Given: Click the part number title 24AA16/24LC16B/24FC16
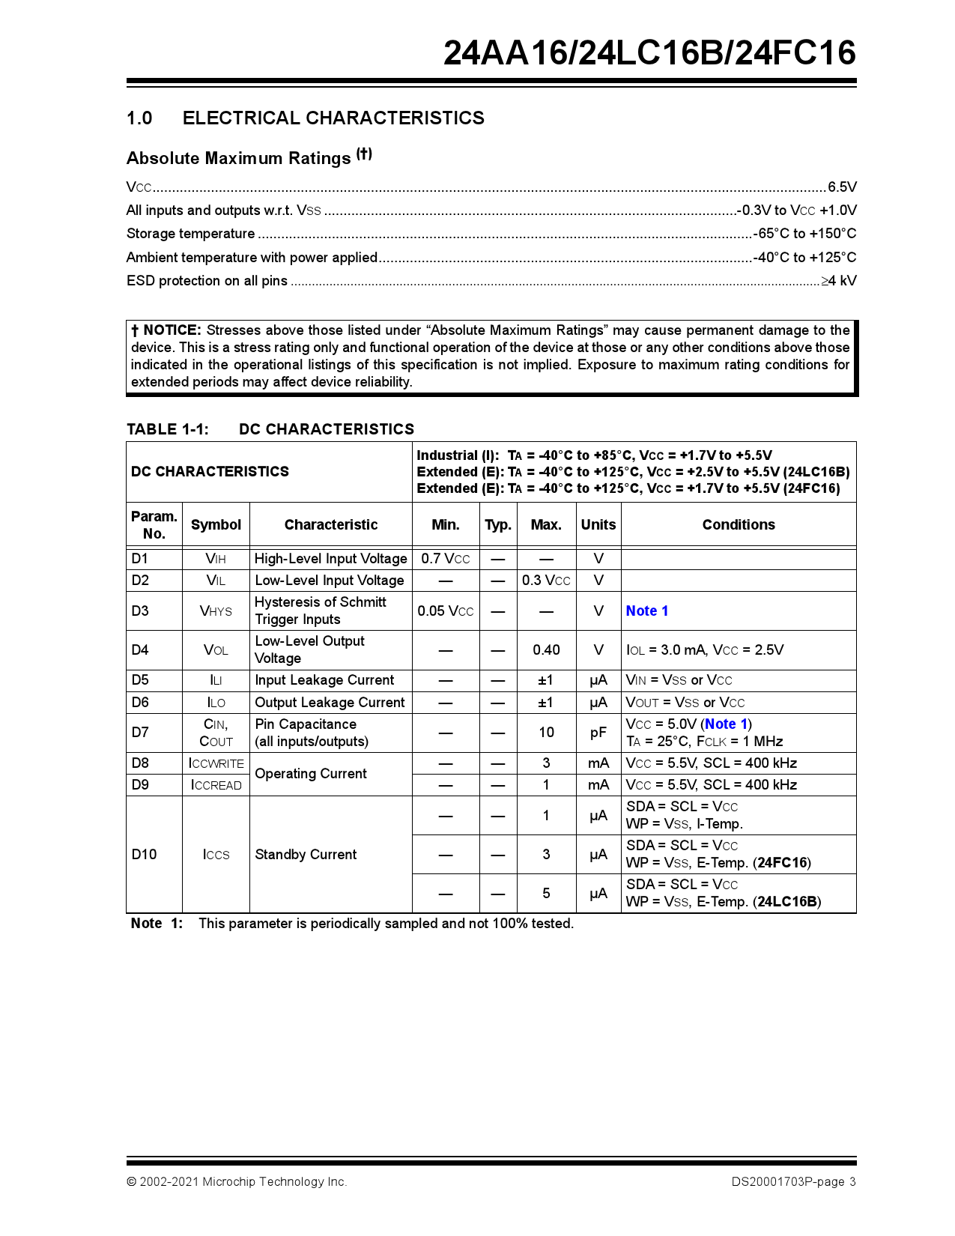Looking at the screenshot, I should point(649,52).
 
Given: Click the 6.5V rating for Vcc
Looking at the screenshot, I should point(841,187).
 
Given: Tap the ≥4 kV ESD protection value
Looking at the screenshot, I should point(838,281).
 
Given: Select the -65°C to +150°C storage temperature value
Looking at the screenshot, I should point(804,234).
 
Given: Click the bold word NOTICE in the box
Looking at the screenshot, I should point(172,330).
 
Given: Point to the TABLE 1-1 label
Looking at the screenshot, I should point(168,429).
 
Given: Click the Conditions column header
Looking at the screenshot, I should point(738,524).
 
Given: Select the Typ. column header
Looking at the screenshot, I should point(497,524).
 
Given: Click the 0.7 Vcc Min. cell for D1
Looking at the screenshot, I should point(445,559).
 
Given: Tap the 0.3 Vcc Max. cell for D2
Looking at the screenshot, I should point(546,581).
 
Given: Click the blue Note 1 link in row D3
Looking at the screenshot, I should point(646,611).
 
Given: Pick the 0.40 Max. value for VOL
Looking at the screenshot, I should point(546,650).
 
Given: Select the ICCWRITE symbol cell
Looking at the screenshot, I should point(216,763).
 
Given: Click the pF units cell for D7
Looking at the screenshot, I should point(598,733).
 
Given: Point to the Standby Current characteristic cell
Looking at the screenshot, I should point(306,855).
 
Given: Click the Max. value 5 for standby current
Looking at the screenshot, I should point(546,894).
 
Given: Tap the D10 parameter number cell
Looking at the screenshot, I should point(144,855).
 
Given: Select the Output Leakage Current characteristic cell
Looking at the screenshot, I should point(330,703).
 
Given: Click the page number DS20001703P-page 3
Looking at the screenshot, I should point(793,1182).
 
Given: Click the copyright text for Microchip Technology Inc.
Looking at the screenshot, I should point(237,1182).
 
